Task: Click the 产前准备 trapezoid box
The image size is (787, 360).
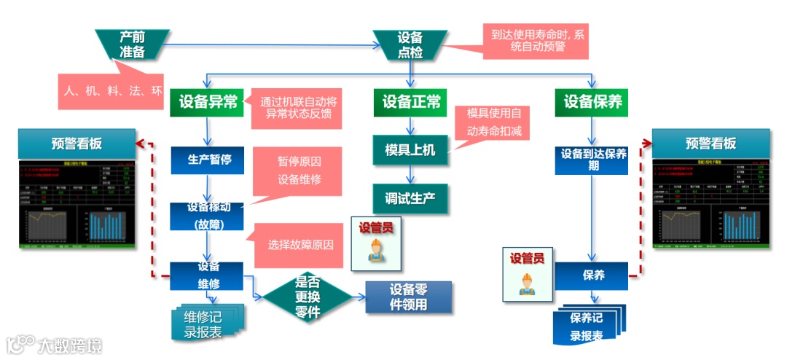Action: click(133, 44)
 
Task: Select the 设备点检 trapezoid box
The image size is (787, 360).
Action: click(410, 45)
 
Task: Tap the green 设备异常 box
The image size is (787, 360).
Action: click(208, 103)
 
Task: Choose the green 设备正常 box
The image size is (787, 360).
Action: click(411, 103)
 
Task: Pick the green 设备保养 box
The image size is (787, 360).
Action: click(592, 103)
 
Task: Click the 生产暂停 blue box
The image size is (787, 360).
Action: click(209, 160)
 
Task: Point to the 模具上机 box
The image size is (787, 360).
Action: click(410, 150)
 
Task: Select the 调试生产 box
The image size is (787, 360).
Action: click(410, 198)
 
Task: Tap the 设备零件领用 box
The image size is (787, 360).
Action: click(408, 297)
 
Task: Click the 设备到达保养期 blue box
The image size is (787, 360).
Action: click(591, 160)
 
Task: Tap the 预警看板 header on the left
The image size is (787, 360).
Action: click(77, 144)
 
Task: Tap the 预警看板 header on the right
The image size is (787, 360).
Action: click(710, 144)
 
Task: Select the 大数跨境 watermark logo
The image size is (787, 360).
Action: click(54, 344)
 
